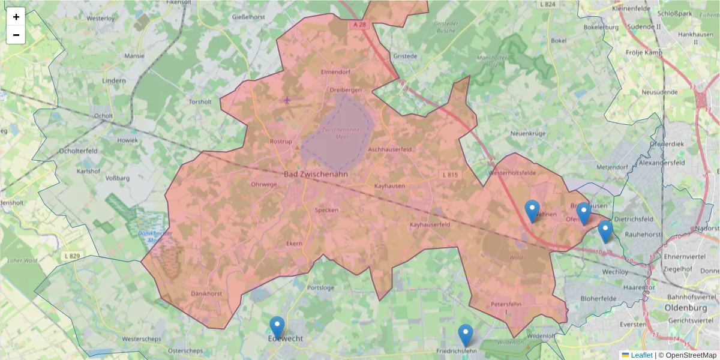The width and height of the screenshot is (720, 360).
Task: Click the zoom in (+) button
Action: coord(16,17)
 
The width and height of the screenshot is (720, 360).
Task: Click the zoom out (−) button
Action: coord(16,35)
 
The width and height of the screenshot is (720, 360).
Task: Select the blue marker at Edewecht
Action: coord(277,328)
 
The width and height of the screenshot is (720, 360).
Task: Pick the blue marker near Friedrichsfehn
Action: coord(466,335)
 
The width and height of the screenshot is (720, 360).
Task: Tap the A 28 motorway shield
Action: coord(359,25)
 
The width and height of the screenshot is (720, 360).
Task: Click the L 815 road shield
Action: coord(449,175)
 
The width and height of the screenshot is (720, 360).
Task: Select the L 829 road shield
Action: coord(71,256)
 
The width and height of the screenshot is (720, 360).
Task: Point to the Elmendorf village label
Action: coord(335,72)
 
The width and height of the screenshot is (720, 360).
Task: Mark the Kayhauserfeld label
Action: coord(430,224)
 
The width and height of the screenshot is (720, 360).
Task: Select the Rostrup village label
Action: coord(280,142)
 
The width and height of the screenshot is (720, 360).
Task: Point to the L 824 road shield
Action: coord(547,4)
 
